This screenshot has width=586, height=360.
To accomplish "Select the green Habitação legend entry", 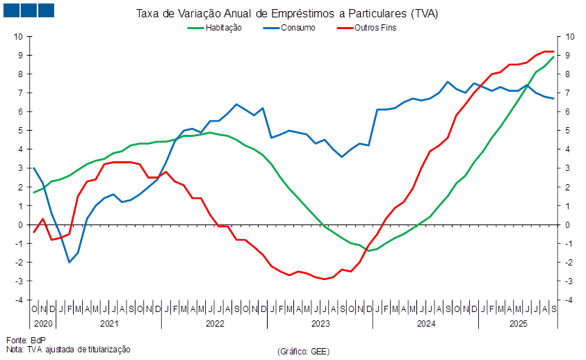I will coord(222,28).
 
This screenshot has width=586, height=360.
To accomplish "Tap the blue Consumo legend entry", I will coord(298,28).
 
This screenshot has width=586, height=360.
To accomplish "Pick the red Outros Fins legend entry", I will coord(375,28).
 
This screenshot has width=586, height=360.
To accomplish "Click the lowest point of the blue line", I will coord(70,262).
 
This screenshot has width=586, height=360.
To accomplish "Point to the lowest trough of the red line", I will coord(324,279).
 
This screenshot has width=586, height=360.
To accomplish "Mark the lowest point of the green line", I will coord(368,251).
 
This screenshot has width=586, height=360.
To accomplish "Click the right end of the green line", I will coord(554,56).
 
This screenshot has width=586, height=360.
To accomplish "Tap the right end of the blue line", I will coord(554,99).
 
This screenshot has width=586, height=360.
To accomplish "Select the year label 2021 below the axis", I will coord(108,324).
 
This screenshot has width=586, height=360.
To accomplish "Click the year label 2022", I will coord(214,324).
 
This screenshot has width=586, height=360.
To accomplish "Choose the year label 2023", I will coord(320,324).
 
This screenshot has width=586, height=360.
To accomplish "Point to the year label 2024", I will coord(425,324).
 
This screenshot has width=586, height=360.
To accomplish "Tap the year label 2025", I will coord(518,324).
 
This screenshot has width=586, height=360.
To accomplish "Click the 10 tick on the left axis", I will coord(19,36).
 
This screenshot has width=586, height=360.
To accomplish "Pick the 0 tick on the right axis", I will coord(569,224).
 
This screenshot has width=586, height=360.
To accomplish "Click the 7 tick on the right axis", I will coord(569,92).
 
